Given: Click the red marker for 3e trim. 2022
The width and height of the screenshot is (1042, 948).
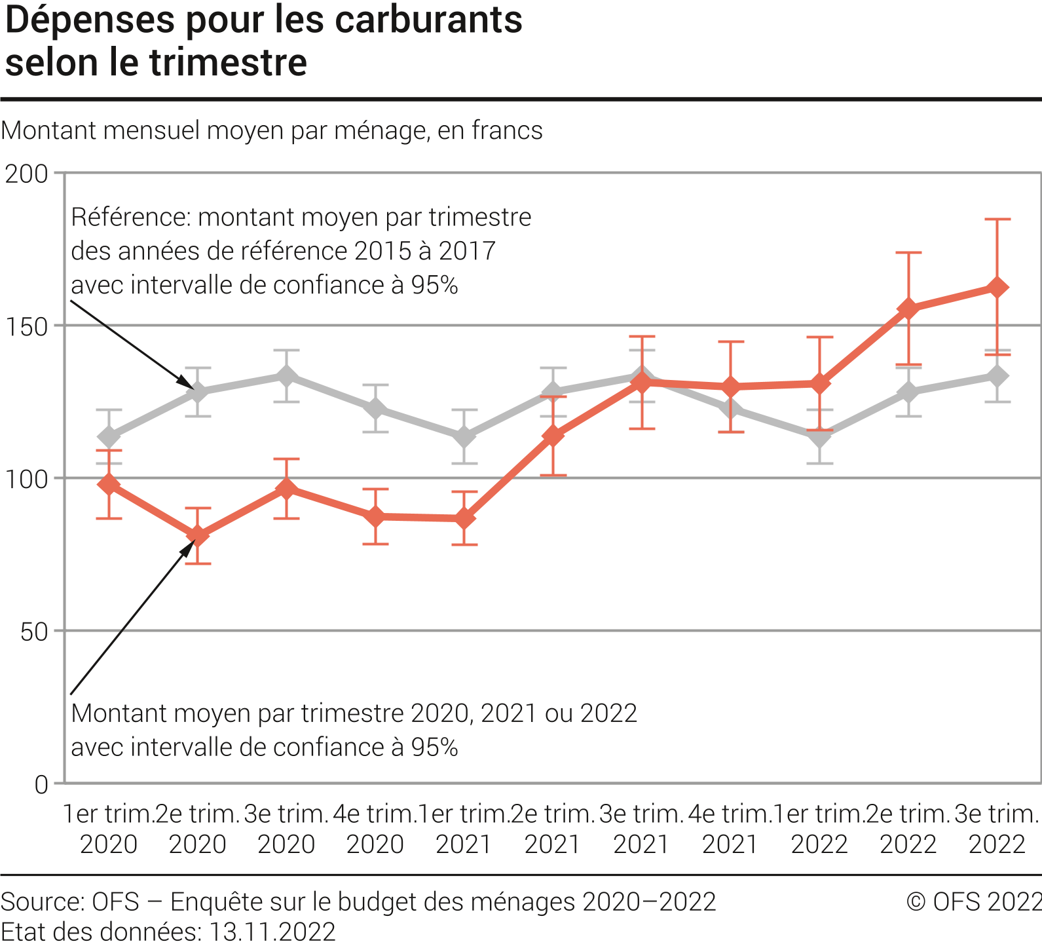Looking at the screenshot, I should tap(997, 288).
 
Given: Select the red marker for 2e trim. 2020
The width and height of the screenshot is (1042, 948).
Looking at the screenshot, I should tap(198, 535).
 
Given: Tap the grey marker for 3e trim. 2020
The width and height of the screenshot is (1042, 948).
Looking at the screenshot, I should tap(286, 376).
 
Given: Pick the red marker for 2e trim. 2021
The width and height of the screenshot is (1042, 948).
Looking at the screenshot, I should tap(553, 435).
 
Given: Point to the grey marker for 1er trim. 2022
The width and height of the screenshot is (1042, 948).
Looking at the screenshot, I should tap(819, 436).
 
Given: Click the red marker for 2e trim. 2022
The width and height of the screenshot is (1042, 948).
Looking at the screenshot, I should tap(908, 308).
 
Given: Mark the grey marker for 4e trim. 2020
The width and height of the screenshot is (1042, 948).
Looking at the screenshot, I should tap(375, 409).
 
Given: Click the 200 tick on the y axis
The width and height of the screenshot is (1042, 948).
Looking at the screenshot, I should tap(27, 174).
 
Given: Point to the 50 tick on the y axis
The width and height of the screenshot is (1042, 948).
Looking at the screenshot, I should tap(34, 632).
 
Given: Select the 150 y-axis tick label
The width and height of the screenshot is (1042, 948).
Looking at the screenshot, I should tap(27, 326).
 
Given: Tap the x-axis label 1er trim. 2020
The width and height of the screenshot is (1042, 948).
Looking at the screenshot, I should tap(109, 829).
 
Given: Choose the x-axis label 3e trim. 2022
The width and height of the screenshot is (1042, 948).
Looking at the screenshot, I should tap(997, 829).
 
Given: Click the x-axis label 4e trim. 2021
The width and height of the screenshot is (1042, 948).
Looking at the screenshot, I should tap(730, 829).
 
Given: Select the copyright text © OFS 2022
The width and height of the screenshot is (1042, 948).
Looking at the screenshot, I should tap(973, 901).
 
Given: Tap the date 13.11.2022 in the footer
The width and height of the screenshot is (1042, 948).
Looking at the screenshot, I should tap(272, 932).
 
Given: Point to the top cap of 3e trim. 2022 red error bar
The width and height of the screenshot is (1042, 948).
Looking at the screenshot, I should tap(997, 219).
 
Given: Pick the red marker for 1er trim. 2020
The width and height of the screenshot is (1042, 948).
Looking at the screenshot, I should tap(109, 485).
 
